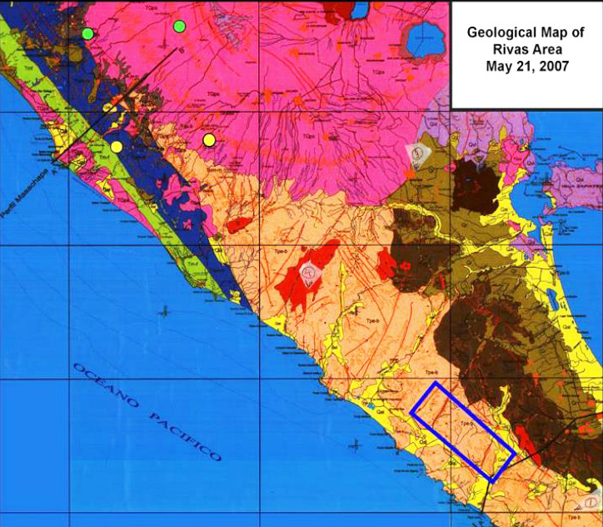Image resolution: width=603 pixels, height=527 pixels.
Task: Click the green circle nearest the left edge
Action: (87, 33)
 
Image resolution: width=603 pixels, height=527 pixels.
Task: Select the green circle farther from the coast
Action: (178, 26)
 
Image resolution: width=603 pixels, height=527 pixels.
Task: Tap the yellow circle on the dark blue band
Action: (117, 147)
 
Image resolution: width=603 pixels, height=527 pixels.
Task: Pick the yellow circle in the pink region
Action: (209, 139)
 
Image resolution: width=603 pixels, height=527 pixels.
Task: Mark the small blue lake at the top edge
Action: (361, 9)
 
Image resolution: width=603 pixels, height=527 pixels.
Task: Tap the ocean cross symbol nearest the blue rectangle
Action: (357, 443)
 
